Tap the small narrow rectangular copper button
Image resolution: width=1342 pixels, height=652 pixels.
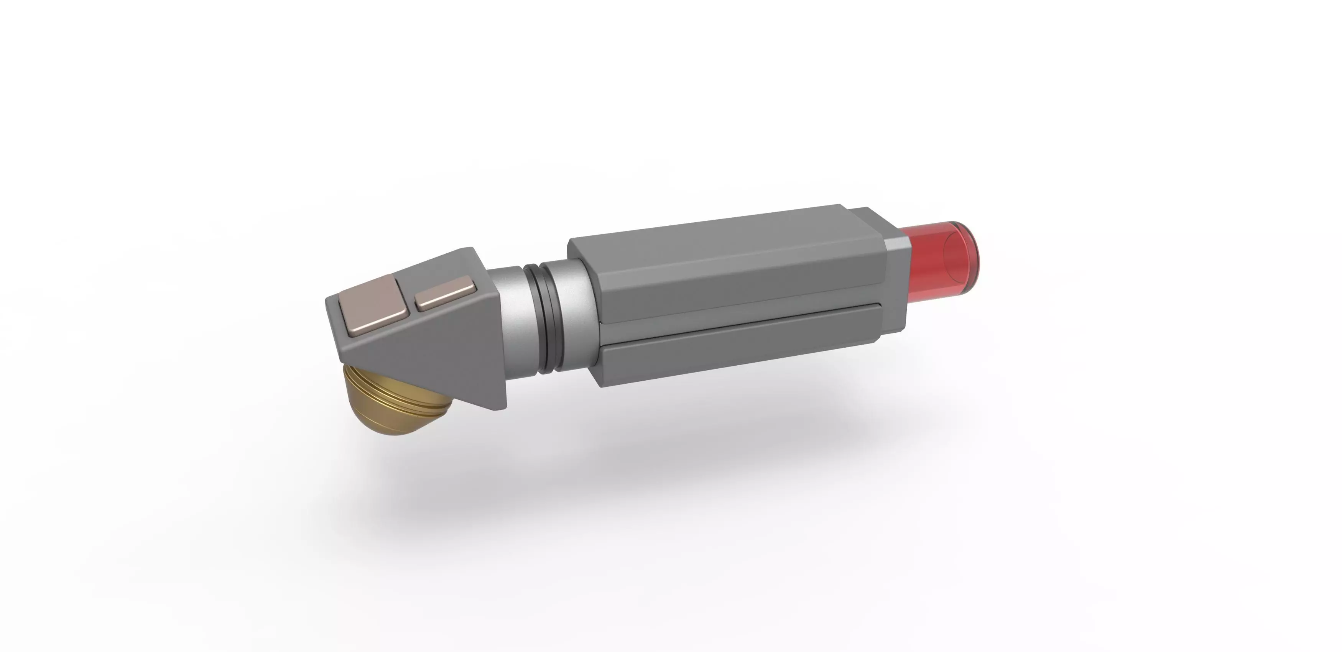(x=446, y=294)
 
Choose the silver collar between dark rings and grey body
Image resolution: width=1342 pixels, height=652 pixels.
(x=573, y=312)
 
